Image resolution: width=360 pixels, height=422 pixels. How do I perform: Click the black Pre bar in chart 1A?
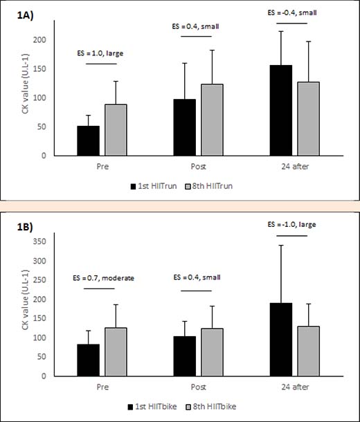(x=89, y=140)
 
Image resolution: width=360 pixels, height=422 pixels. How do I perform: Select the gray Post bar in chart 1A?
(x=212, y=120)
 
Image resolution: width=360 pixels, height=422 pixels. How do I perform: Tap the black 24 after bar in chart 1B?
(x=281, y=340)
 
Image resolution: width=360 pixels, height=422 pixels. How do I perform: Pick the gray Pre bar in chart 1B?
(x=116, y=352)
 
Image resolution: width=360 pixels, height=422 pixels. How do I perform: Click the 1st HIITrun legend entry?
(x=154, y=186)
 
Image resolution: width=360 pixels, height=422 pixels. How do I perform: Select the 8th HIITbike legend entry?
(x=211, y=406)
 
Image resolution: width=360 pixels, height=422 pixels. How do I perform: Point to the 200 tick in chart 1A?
(x=39, y=40)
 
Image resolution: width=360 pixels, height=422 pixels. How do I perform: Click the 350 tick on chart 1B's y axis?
(x=39, y=241)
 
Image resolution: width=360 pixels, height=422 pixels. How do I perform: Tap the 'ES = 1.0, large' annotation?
(x=100, y=53)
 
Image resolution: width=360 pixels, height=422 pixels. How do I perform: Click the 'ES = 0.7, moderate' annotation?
(x=103, y=277)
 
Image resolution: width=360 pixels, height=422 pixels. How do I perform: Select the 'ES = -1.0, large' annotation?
(x=291, y=224)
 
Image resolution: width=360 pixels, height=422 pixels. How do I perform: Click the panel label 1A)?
(x=26, y=16)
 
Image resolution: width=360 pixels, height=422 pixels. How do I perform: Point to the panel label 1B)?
(x=25, y=228)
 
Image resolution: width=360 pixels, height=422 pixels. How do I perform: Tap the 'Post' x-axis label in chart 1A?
(x=199, y=167)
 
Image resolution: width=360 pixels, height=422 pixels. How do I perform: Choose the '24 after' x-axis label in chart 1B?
(x=295, y=387)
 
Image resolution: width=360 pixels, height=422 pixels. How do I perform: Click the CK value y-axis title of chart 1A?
(x=25, y=84)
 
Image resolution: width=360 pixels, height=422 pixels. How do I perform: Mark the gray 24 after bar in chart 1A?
(x=309, y=119)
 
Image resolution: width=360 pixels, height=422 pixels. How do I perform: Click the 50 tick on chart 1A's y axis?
(x=42, y=127)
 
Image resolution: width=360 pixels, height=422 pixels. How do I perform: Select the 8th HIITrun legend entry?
(x=209, y=186)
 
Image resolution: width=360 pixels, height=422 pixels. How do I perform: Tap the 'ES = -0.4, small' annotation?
(x=292, y=12)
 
